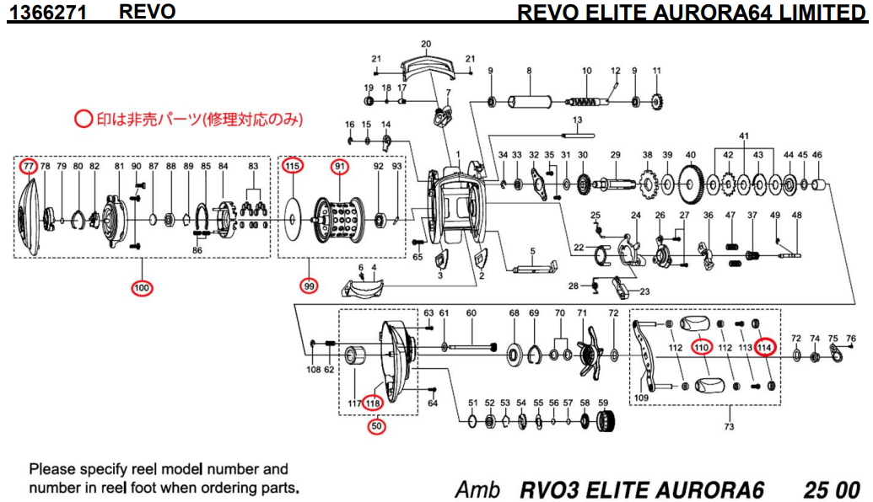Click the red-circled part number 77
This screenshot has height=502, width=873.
[30, 166]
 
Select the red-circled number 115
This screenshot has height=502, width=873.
[293, 166]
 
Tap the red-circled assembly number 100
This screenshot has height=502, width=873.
[141, 289]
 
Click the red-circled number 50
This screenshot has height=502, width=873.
[377, 426]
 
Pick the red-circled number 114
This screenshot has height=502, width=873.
[765, 347]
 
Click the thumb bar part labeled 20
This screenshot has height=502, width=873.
[426, 67]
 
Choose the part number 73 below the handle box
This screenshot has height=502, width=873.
[730, 426]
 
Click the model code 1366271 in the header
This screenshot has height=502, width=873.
[50, 13]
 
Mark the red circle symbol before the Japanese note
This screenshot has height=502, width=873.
[84, 120]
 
